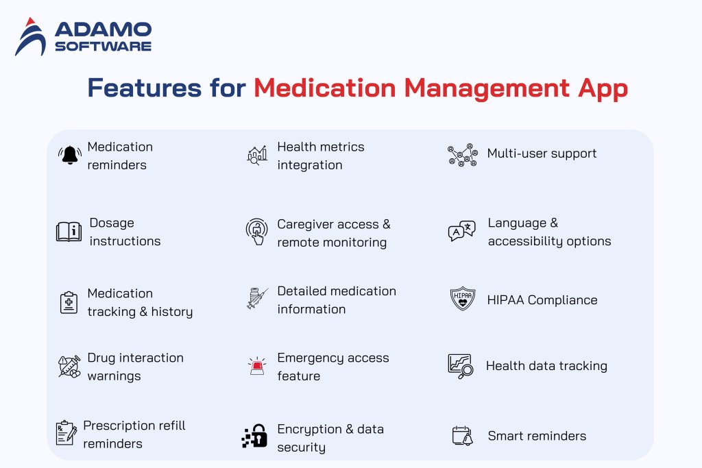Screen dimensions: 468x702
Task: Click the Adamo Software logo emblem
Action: click(x=30, y=37)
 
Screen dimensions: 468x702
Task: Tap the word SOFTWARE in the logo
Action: click(x=103, y=47)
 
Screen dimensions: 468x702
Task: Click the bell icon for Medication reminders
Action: click(x=69, y=156)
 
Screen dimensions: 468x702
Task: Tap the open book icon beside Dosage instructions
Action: click(x=69, y=232)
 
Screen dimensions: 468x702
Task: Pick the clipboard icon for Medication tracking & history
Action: click(x=69, y=302)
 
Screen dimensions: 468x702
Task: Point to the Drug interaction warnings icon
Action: click(x=69, y=367)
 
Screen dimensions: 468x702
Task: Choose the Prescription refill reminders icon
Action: click(x=66, y=433)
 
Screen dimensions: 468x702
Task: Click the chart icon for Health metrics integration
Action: click(x=257, y=155)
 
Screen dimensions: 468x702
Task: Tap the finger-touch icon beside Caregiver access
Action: click(x=256, y=232)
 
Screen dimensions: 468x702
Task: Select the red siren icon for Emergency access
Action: click(x=257, y=367)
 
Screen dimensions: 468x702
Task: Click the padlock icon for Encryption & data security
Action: click(x=256, y=436)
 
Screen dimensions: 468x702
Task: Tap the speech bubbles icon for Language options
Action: click(x=461, y=232)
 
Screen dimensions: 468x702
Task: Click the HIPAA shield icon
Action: click(x=463, y=299)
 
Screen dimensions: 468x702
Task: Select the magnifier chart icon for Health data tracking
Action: click(x=460, y=366)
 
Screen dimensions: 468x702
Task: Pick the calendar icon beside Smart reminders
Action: click(x=463, y=436)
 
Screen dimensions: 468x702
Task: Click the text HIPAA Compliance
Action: click(x=542, y=300)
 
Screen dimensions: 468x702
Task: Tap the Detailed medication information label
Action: click(x=336, y=300)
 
